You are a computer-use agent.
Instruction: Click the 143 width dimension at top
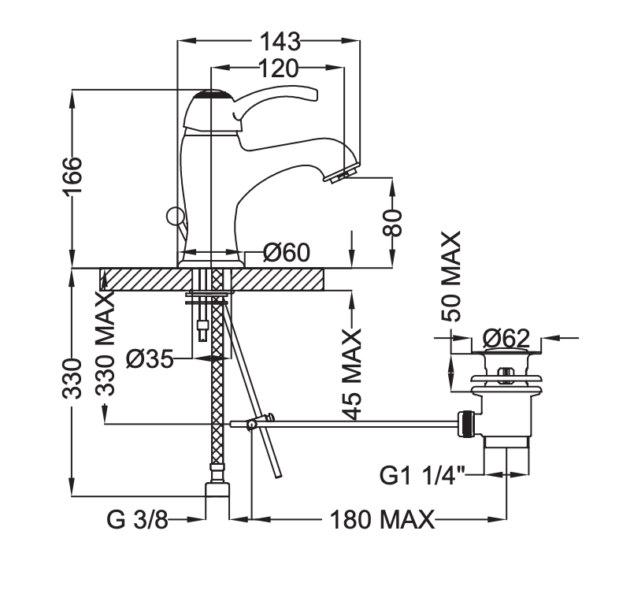(280, 40)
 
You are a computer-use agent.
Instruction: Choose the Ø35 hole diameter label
(149, 359)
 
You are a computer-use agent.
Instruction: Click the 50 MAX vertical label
(451, 277)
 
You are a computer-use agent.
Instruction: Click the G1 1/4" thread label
(423, 476)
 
